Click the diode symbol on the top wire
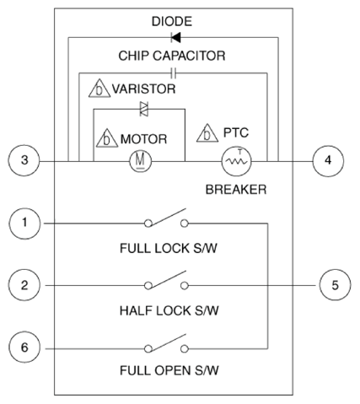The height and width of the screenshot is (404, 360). coord(175,37)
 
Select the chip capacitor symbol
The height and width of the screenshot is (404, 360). coord(174,73)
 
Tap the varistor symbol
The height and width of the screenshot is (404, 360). coord(144,109)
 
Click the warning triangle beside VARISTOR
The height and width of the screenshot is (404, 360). coord(99,89)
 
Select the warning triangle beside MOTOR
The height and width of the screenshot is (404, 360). coord(107,138)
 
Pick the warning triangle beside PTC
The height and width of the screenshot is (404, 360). coord(207,133)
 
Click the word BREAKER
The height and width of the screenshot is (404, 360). coord(236,190)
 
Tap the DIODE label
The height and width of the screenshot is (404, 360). coord(172,22)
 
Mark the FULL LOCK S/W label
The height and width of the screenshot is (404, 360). coord(169,249)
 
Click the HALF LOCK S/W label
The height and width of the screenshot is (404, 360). coord(169,311)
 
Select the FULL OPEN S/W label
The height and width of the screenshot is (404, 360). coord(169,370)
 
